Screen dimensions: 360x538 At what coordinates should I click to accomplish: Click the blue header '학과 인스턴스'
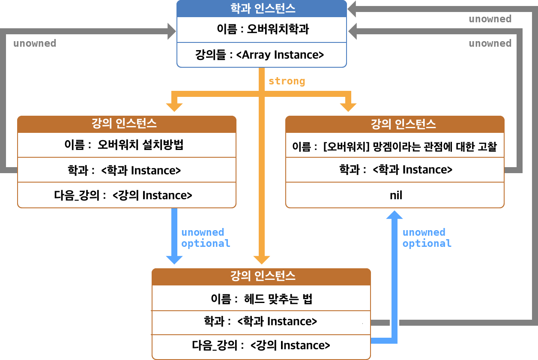pyautogui.click(x=261, y=8)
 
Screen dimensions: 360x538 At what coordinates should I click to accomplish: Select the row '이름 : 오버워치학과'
pyautogui.click(x=261, y=30)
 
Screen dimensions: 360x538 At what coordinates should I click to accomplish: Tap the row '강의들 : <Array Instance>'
pyautogui.click(x=261, y=55)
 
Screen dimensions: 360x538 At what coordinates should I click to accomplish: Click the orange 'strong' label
pyautogui.click(x=287, y=81)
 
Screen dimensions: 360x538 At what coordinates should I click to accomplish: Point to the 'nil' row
pyautogui.click(x=395, y=195)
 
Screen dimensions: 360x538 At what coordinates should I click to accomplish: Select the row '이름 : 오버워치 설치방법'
pyautogui.click(x=127, y=145)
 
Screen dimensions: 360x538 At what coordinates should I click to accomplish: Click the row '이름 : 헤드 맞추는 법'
pyautogui.click(x=261, y=299)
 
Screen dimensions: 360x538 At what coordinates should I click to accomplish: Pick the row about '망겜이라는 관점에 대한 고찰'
pyautogui.click(x=395, y=147)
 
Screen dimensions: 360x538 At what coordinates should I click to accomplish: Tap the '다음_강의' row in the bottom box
pyautogui.click(x=261, y=345)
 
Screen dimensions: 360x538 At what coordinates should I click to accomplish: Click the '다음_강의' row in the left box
pyautogui.click(x=127, y=195)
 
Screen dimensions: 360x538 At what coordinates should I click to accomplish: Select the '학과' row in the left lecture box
pyautogui.click(x=127, y=170)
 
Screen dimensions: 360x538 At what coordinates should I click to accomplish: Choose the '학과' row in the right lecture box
pyautogui.click(x=395, y=170)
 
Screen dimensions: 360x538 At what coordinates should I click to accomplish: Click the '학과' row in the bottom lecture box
pyautogui.click(x=261, y=321)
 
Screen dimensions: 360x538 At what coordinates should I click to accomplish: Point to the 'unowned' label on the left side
pyautogui.click(x=35, y=44)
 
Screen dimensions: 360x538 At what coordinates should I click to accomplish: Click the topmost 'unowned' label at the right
pyautogui.click(x=490, y=19)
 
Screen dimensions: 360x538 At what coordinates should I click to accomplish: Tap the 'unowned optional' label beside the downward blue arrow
pyautogui.click(x=206, y=238)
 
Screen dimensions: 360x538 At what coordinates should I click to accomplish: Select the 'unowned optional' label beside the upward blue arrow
pyautogui.click(x=427, y=238)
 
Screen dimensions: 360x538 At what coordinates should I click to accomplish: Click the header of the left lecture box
pyautogui.click(x=127, y=124)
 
